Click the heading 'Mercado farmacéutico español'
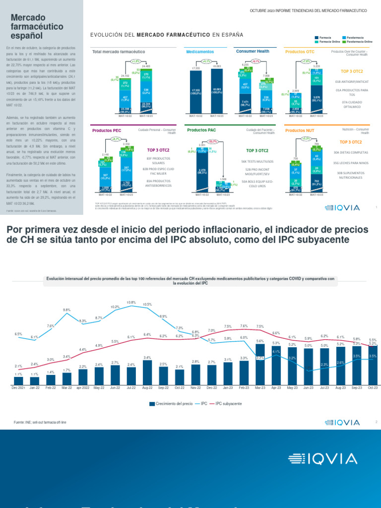pos(31,27)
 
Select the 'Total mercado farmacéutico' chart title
pos(119,52)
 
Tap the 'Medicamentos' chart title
pos(200,52)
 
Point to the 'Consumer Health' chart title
pos(253,51)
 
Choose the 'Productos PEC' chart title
pos(107,130)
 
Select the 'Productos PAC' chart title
pos(201,130)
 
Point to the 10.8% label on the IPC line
pos(131,302)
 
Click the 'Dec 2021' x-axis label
pos(18,388)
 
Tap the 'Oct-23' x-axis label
pos(373,388)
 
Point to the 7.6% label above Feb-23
pos(244,326)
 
